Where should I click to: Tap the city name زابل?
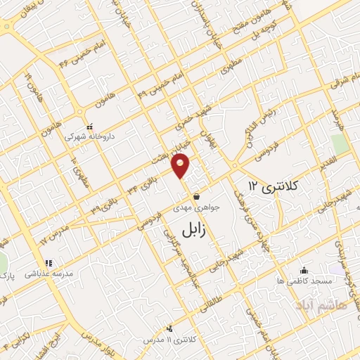tap(193, 231)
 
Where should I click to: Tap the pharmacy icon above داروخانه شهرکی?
tap(82, 127)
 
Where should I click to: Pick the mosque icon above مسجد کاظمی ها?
tap(304, 270)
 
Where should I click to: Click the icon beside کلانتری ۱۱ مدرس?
tap(169, 329)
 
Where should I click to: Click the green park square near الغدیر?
tap(340, 143)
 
